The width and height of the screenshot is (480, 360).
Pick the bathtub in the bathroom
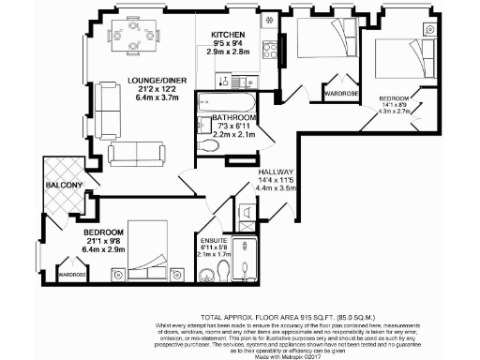point(225,102)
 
